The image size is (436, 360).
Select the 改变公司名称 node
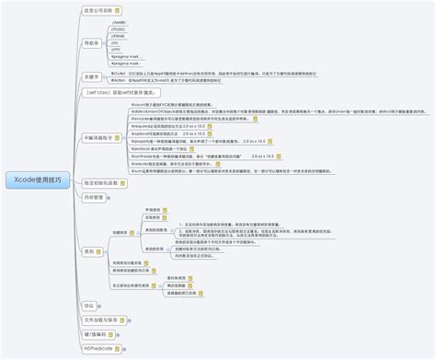coord(98,10)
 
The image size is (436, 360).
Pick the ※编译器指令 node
coord(99,136)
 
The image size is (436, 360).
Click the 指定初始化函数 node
coord(99,183)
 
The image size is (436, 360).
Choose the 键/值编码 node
coord(96,334)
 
